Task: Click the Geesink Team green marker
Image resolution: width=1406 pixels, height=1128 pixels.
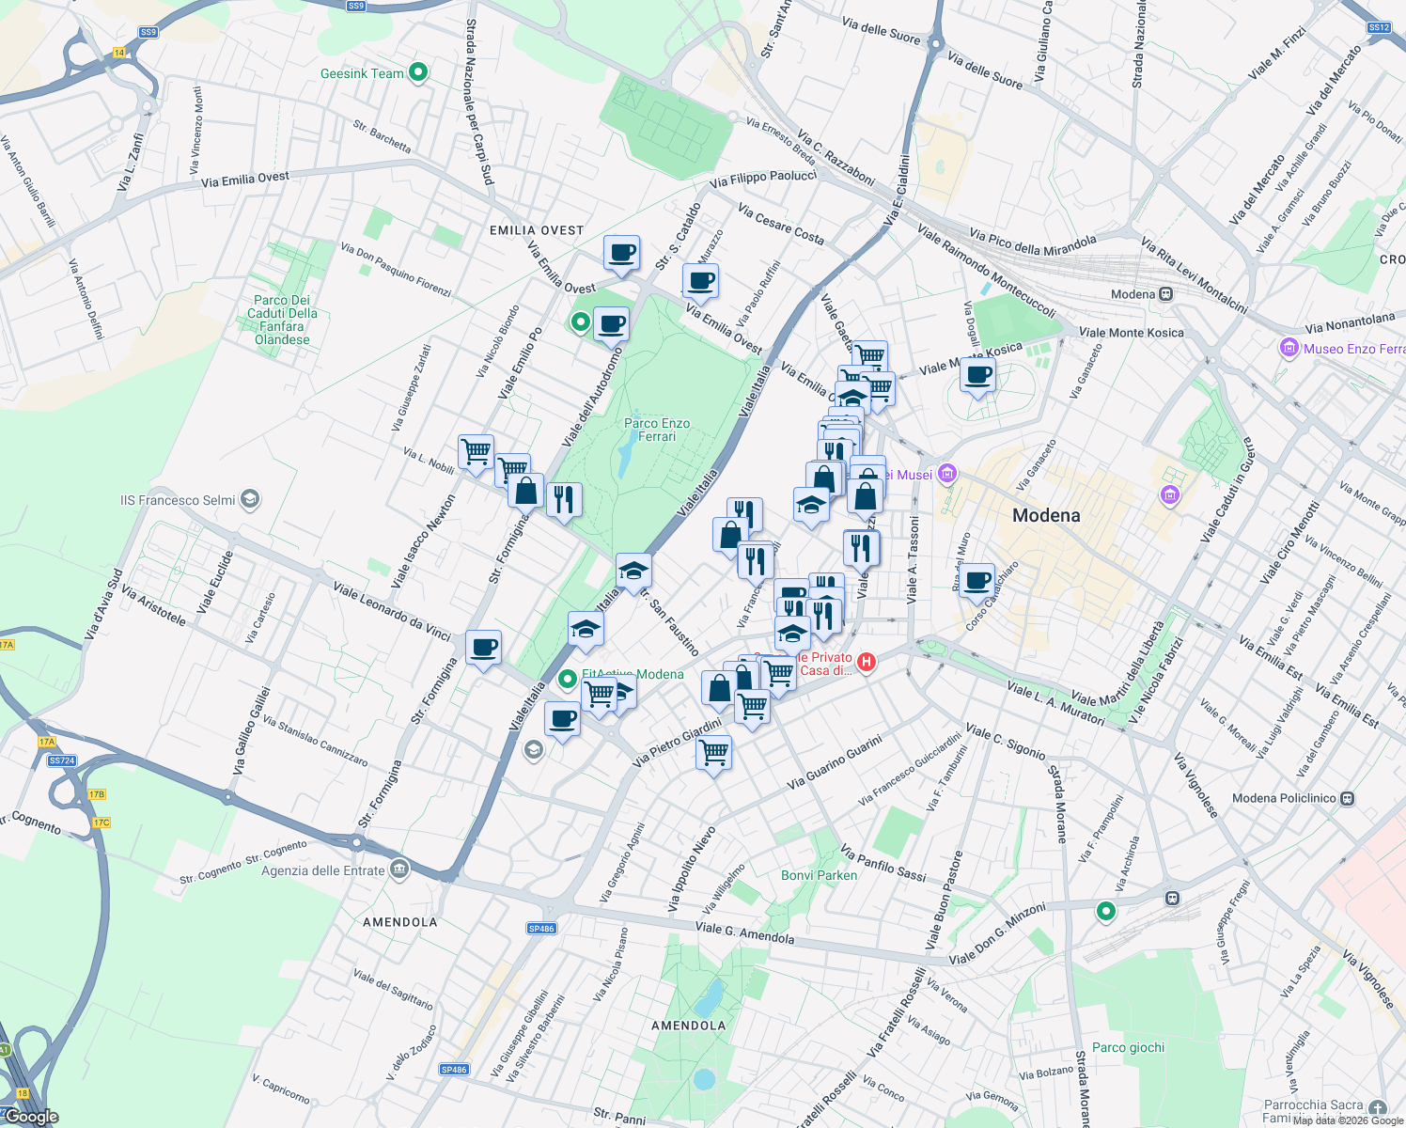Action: (x=419, y=72)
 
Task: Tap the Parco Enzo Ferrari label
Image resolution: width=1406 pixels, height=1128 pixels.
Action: (x=657, y=430)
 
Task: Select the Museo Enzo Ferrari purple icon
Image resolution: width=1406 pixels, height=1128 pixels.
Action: (x=1289, y=349)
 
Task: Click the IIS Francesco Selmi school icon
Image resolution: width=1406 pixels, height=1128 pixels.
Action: (x=249, y=499)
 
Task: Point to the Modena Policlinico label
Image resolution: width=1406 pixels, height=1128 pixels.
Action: (x=1284, y=798)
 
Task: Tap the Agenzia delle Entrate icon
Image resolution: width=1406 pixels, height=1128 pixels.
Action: (x=399, y=869)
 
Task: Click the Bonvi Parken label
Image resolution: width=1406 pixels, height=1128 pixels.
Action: (x=819, y=875)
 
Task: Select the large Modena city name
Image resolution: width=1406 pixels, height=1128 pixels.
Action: (x=1046, y=515)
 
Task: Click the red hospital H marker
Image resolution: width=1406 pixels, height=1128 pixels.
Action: (x=867, y=663)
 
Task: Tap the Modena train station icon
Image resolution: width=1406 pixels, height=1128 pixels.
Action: (x=1165, y=294)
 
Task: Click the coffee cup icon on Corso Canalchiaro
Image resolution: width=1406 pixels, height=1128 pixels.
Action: (x=977, y=579)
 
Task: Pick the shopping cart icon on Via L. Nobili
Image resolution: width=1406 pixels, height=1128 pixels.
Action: (x=476, y=451)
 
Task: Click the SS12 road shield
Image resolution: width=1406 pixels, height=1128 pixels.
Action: (x=1379, y=27)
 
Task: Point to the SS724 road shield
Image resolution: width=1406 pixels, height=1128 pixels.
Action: (x=61, y=760)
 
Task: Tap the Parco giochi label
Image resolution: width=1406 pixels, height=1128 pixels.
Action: (x=1128, y=1047)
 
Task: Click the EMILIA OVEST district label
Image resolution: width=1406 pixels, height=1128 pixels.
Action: (x=537, y=230)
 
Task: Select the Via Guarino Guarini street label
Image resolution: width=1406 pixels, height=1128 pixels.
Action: (x=835, y=762)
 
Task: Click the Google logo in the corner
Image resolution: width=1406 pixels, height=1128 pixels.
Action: (x=31, y=1117)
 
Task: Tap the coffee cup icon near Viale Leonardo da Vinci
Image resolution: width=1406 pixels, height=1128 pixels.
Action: (x=483, y=648)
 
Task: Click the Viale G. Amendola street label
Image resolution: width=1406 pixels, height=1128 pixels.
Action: (x=744, y=933)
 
